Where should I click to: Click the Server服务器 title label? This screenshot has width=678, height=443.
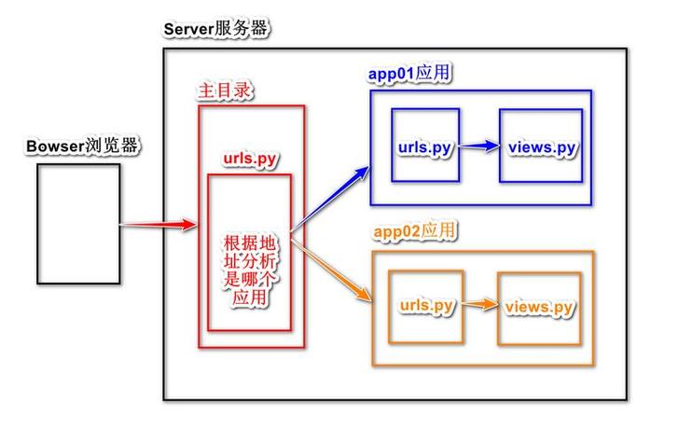pyautogui.click(x=215, y=30)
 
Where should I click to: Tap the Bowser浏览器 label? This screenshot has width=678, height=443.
pyautogui.click(x=82, y=145)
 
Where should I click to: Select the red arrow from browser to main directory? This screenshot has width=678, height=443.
pyautogui.click(x=159, y=224)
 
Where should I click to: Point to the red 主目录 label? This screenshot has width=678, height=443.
pyautogui.click(x=225, y=90)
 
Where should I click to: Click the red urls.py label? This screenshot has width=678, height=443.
pyautogui.click(x=250, y=159)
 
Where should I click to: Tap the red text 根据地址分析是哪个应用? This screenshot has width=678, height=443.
pyautogui.click(x=250, y=270)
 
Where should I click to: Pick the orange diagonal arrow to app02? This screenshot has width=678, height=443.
pyautogui.click(x=331, y=270)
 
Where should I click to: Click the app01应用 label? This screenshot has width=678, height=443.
pyautogui.click(x=409, y=73)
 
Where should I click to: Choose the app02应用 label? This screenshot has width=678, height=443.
pyautogui.click(x=414, y=230)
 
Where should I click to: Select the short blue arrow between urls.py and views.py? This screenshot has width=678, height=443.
pyautogui.click(x=479, y=145)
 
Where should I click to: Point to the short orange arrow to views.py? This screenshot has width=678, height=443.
pyautogui.click(x=480, y=304)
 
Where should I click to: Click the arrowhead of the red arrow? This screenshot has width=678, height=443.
pyautogui.click(x=190, y=224)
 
